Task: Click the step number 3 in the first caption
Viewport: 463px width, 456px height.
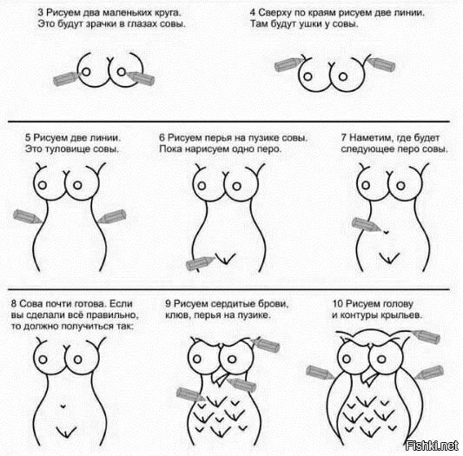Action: [x=41, y=13]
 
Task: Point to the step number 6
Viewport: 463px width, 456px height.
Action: [x=162, y=137]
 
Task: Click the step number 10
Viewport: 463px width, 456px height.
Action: [x=338, y=304]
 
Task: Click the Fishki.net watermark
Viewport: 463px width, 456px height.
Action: [x=432, y=446]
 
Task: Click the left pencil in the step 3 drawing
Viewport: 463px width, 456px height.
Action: [x=66, y=78]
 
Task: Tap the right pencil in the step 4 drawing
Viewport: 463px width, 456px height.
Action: [x=380, y=64]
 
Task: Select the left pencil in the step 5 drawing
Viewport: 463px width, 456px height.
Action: [x=28, y=217]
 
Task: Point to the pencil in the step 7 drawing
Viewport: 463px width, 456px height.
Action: [x=367, y=224]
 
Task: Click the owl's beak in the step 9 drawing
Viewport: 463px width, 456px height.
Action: [x=221, y=379]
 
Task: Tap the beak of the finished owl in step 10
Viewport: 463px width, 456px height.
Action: [x=369, y=379]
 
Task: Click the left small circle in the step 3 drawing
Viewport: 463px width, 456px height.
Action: [x=86, y=72]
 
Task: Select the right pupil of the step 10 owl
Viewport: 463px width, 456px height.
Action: [x=381, y=359]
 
